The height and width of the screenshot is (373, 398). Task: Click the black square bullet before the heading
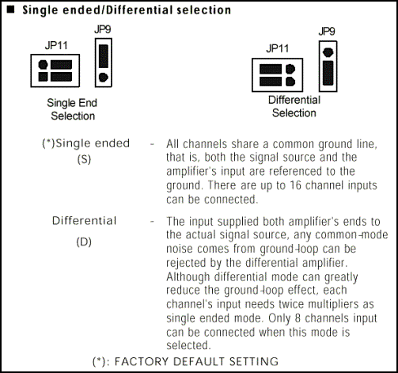pos(10,10)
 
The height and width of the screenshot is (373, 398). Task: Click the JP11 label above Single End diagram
pos(56,45)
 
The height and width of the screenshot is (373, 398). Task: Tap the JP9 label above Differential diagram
pos(327,32)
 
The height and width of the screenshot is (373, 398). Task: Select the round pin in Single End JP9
pos(103,78)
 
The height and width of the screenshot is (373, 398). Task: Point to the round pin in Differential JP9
pos(328,52)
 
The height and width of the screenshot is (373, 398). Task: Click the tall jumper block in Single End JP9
pos(104,56)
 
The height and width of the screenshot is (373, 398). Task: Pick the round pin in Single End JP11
pos(44,65)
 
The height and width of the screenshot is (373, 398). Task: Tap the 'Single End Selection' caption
pos(72,109)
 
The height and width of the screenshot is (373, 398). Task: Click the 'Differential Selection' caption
pos(294,106)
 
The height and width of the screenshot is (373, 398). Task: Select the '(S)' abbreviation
pos(84,159)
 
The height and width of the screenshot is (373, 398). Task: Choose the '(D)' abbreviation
pos(84,242)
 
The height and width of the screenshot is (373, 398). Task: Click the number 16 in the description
pos(295,185)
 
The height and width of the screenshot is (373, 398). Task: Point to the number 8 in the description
pos(298,318)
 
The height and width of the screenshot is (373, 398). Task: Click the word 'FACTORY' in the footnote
pos(142,361)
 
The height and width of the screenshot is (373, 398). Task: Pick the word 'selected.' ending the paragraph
pos(188,345)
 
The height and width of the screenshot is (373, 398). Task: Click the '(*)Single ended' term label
pos(86,143)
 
